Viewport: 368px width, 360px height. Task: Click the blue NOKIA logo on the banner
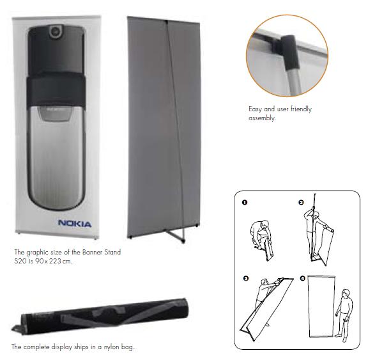(x=75, y=223)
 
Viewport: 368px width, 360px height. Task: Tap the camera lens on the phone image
(x=56, y=31)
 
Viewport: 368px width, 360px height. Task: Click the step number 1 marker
(x=245, y=202)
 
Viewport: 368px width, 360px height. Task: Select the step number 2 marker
(x=301, y=202)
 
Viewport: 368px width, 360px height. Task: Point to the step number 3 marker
(x=246, y=278)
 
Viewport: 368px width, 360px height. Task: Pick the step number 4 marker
(x=303, y=278)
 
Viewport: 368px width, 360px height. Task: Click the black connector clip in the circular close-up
(x=289, y=52)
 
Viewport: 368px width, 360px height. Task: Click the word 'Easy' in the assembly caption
(x=255, y=109)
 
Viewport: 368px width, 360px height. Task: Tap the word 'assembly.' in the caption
(x=262, y=118)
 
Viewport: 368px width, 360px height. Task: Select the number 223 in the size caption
(x=55, y=261)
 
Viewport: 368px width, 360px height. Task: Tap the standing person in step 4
(x=344, y=315)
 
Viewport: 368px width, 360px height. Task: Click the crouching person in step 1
(x=260, y=233)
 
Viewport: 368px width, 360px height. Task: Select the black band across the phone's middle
(x=56, y=90)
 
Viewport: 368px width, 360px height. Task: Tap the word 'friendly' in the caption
(x=301, y=109)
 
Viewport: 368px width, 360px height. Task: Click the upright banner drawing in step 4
(x=321, y=306)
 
